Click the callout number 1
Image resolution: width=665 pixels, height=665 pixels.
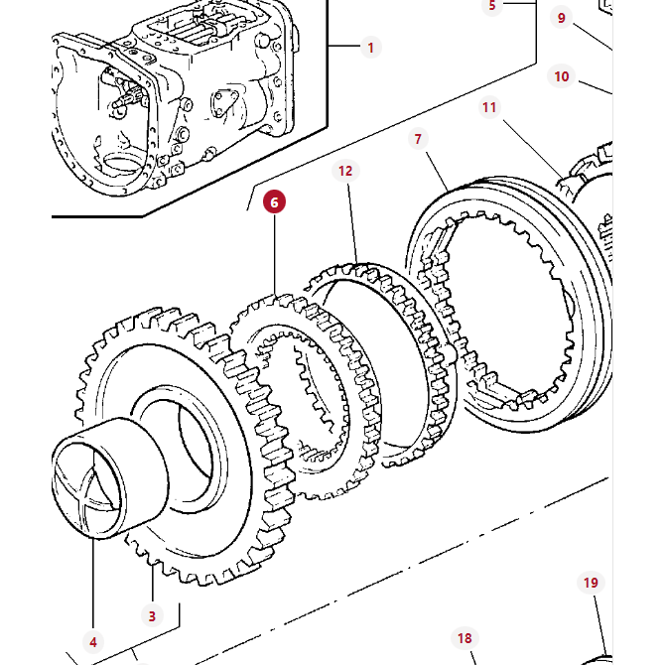(371, 47)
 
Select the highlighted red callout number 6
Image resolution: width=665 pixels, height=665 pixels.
(274, 202)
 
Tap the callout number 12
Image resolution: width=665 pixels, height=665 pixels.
(345, 171)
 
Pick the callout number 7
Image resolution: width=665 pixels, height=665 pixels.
(419, 139)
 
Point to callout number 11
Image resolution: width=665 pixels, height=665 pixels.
(489, 107)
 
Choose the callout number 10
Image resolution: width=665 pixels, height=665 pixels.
(562, 76)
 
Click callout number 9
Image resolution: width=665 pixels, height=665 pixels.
(562, 17)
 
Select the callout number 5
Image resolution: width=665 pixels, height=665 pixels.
(491, 6)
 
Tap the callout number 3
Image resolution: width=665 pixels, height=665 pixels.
(152, 615)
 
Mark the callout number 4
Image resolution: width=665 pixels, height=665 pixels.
(93, 642)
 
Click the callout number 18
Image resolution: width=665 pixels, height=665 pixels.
(464, 638)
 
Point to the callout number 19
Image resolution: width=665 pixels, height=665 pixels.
(591, 583)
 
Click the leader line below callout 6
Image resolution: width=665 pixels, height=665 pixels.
(274, 258)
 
